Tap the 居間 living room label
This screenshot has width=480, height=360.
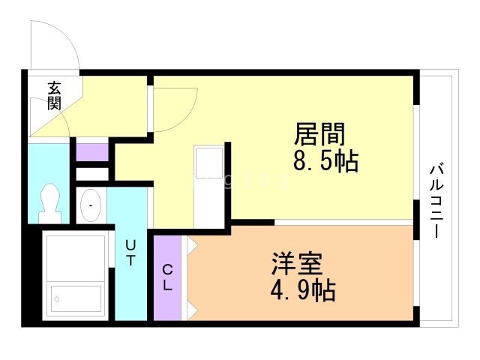click(319, 135)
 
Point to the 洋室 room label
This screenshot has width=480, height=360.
click(297, 265)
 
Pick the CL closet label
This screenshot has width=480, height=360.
click(167, 277)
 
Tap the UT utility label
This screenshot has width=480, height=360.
click(130, 253)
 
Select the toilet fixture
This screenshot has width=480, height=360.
click(51, 202)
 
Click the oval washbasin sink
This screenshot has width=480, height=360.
click(91, 205)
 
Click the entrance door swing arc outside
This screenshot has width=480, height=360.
click(54, 45)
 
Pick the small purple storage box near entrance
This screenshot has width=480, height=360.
click(91, 151)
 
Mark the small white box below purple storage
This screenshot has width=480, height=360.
click(92, 174)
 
